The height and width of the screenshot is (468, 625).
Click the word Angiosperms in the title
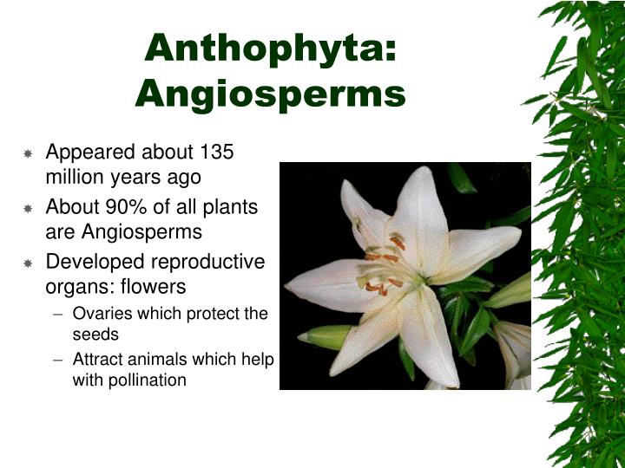(270, 93)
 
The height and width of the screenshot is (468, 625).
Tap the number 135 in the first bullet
(217, 153)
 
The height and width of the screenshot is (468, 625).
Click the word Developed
(90, 262)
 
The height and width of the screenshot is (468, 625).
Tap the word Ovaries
(99, 314)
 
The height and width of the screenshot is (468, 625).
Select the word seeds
(95, 334)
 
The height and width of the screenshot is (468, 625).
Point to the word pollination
(148, 380)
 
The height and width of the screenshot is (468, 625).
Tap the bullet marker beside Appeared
(28, 153)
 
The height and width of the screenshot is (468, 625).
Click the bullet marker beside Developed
(28, 263)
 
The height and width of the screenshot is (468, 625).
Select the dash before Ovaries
(58, 315)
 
